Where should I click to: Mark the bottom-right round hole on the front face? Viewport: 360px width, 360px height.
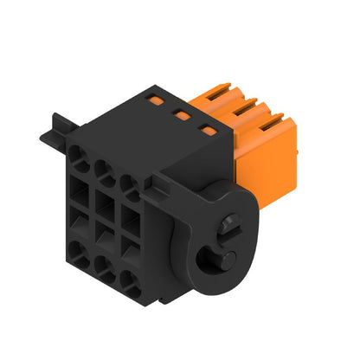(x=128, y=279)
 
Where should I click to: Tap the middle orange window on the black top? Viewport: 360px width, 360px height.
(x=182, y=112)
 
